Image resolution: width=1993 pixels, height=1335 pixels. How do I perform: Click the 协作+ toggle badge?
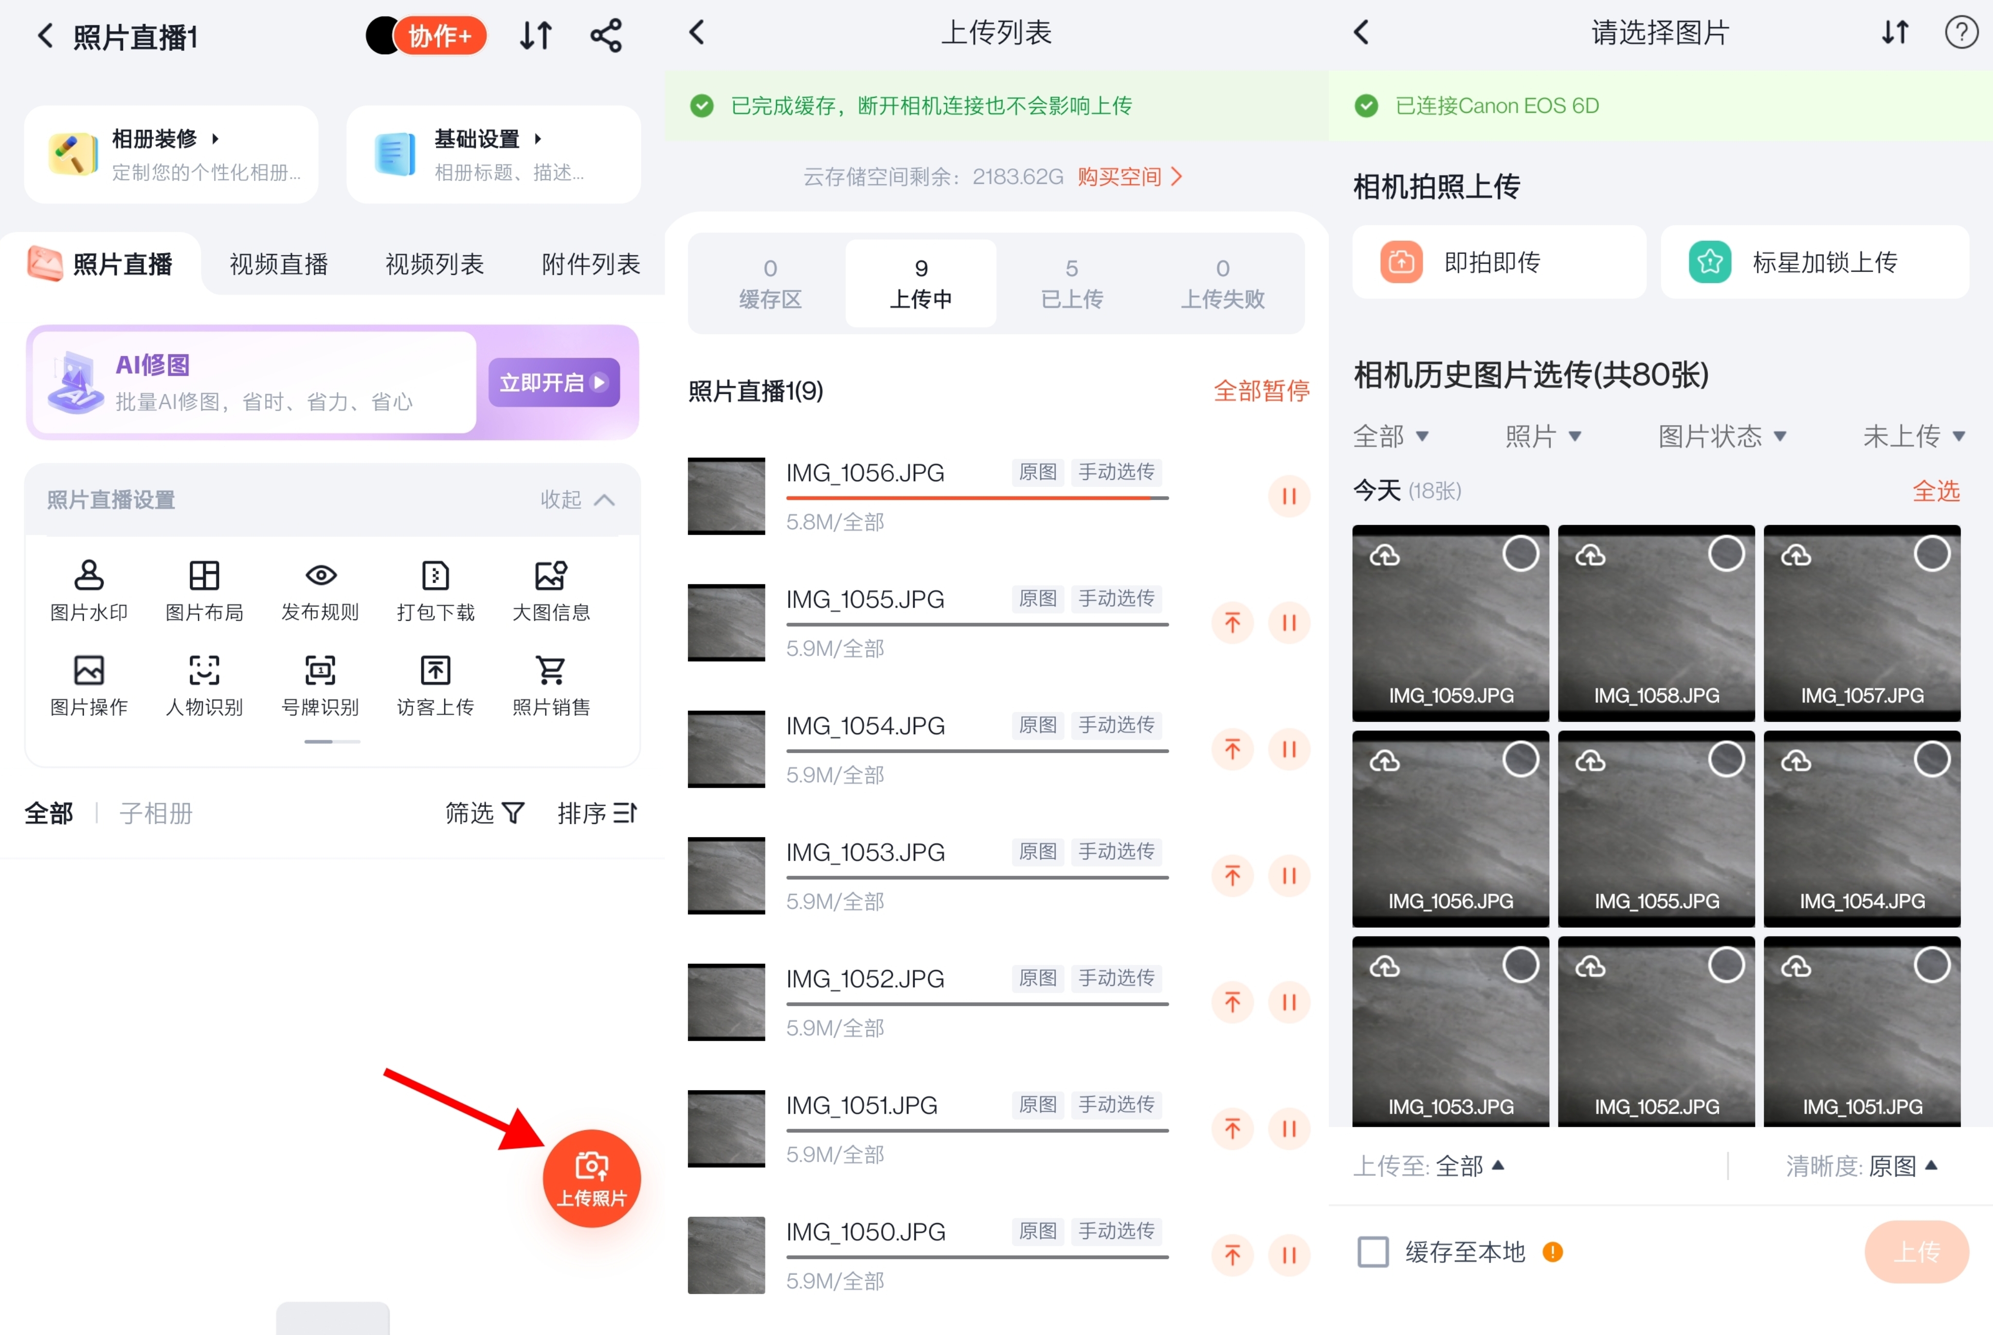pos(427,36)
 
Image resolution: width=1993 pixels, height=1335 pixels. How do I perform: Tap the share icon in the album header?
pos(606,36)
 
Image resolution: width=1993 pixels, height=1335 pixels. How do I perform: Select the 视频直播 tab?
pos(278,264)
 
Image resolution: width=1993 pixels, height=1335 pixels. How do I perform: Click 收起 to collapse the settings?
pos(577,500)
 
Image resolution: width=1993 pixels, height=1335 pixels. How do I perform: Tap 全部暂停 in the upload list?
pos(1260,391)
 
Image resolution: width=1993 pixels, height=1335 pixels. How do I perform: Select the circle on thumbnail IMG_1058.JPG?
pos(1726,554)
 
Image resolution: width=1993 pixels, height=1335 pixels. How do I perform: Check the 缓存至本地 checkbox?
pos(1372,1251)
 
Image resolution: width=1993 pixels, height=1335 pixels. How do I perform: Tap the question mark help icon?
pos(1961,33)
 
